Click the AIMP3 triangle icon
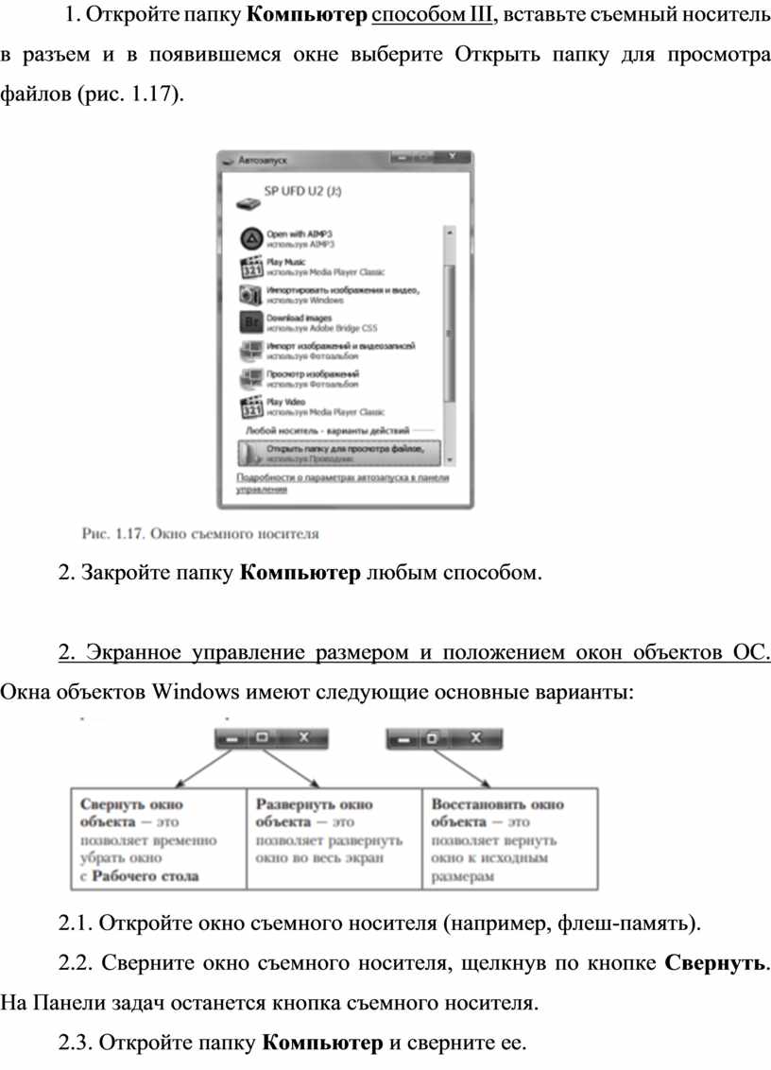coord(250,237)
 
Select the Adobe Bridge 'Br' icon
coord(250,322)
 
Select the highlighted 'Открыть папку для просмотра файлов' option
coord(336,453)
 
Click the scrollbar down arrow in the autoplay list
coord(449,459)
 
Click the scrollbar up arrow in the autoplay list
coord(449,230)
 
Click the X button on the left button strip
coord(303,737)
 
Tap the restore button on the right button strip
coord(433,737)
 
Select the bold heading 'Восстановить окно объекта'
coord(497,813)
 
